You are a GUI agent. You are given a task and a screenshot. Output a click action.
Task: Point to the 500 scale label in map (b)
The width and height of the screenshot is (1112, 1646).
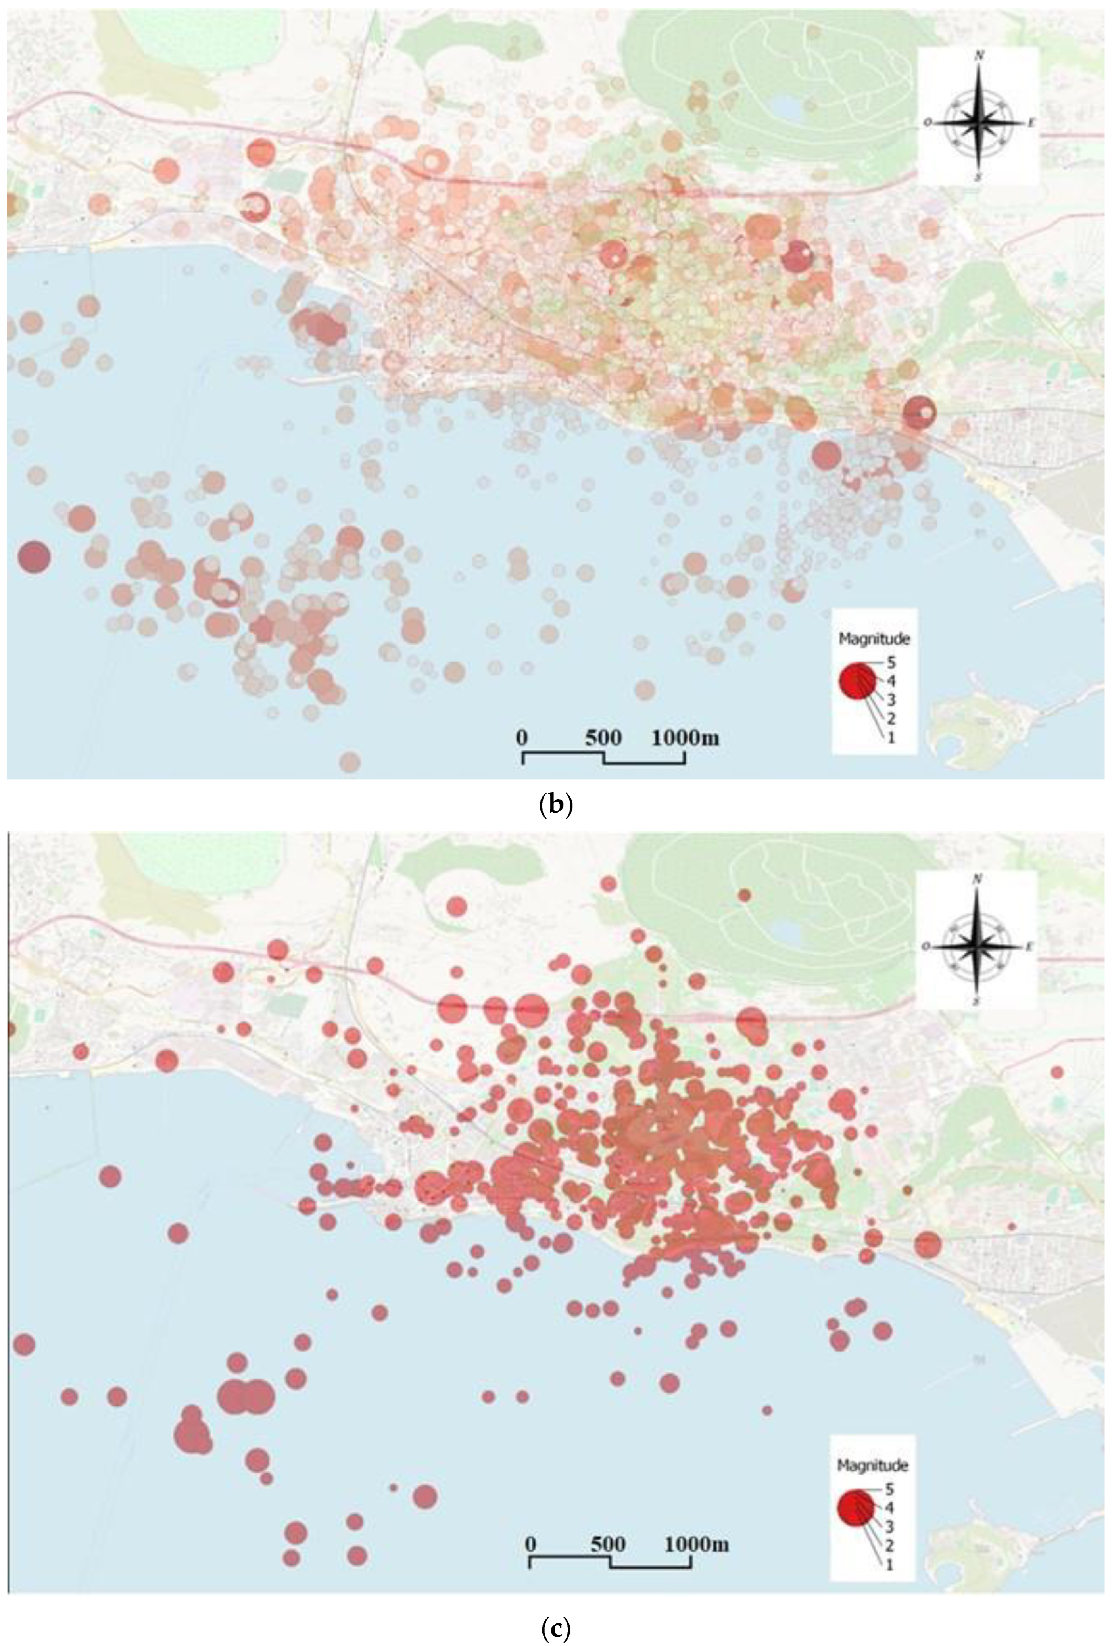pyautogui.click(x=603, y=738)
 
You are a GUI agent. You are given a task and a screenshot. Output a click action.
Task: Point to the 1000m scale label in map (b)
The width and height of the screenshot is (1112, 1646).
pyautogui.click(x=685, y=738)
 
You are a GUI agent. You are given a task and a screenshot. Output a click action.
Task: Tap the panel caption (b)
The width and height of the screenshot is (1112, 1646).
pyautogui.click(x=556, y=805)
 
